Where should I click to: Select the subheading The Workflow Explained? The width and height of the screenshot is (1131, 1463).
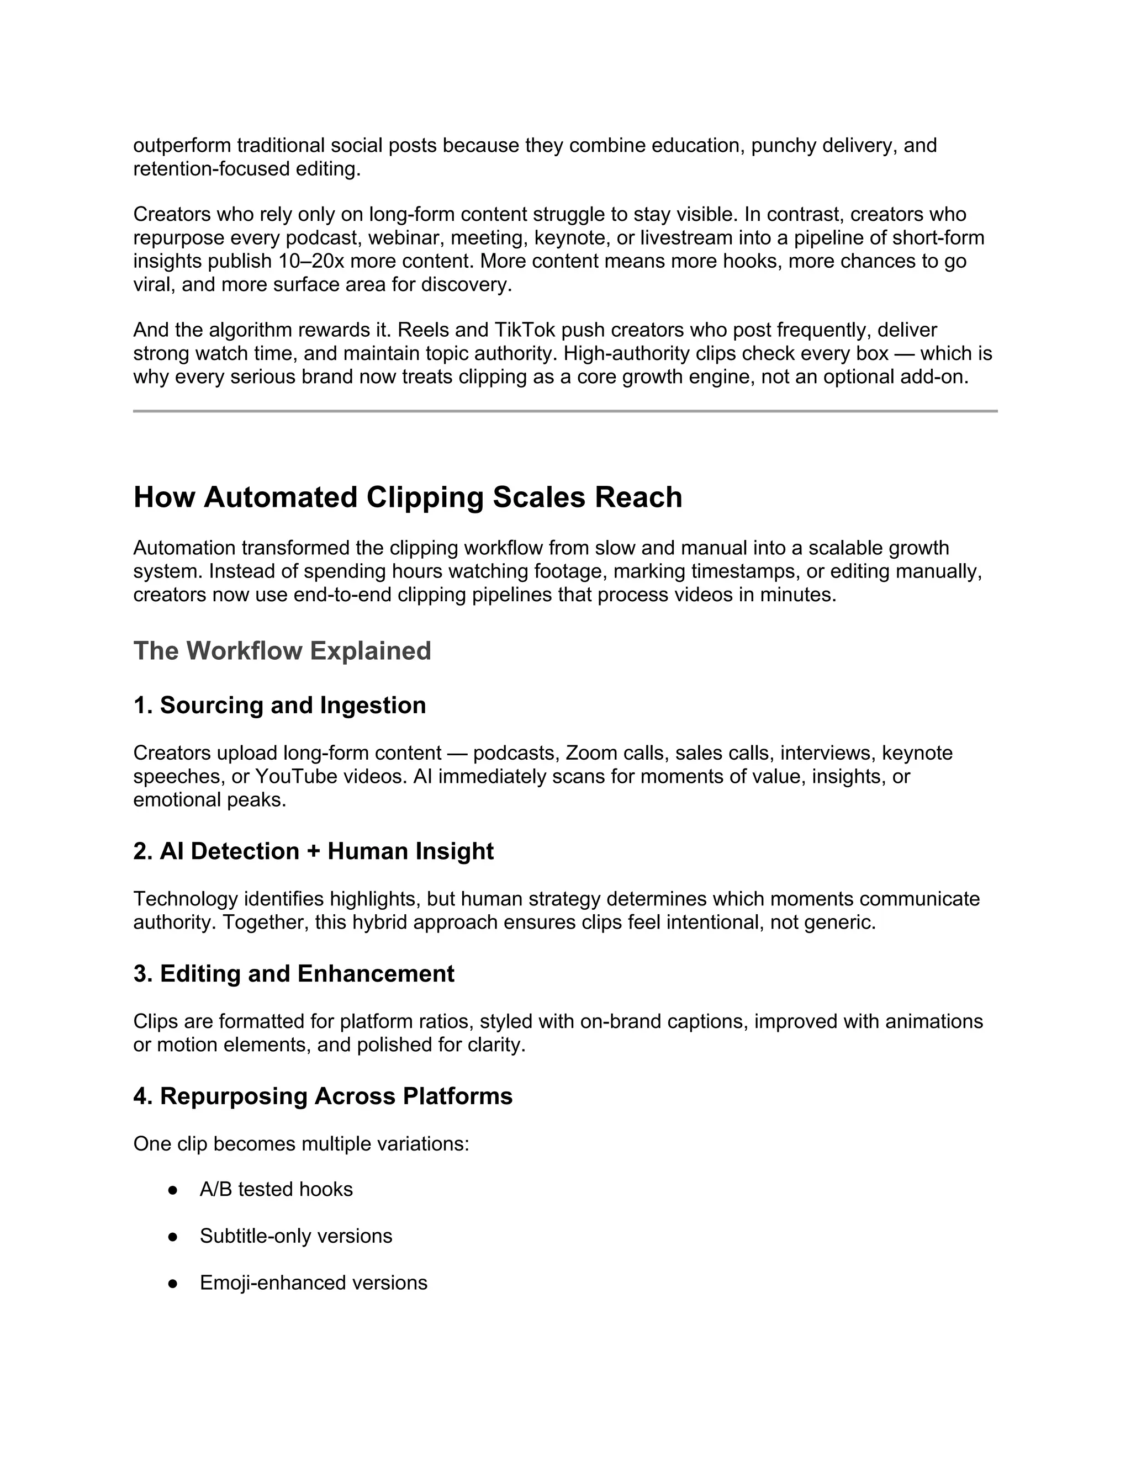(282, 651)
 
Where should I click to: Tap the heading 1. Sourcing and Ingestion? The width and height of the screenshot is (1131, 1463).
(279, 706)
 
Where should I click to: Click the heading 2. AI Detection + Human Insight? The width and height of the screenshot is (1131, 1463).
(313, 851)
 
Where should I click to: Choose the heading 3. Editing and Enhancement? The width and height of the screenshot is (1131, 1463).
(293, 974)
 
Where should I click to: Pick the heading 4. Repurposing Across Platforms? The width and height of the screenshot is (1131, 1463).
(323, 1096)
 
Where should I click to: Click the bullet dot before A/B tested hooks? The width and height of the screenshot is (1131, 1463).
(173, 1190)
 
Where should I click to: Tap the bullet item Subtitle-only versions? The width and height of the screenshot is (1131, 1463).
(295, 1236)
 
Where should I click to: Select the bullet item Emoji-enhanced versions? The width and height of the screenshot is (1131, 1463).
(313, 1283)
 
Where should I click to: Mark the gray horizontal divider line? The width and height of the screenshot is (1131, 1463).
(565, 411)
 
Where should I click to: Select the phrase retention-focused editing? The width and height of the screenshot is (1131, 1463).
(246, 169)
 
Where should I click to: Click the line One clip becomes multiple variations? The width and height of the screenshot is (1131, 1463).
(301, 1144)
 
